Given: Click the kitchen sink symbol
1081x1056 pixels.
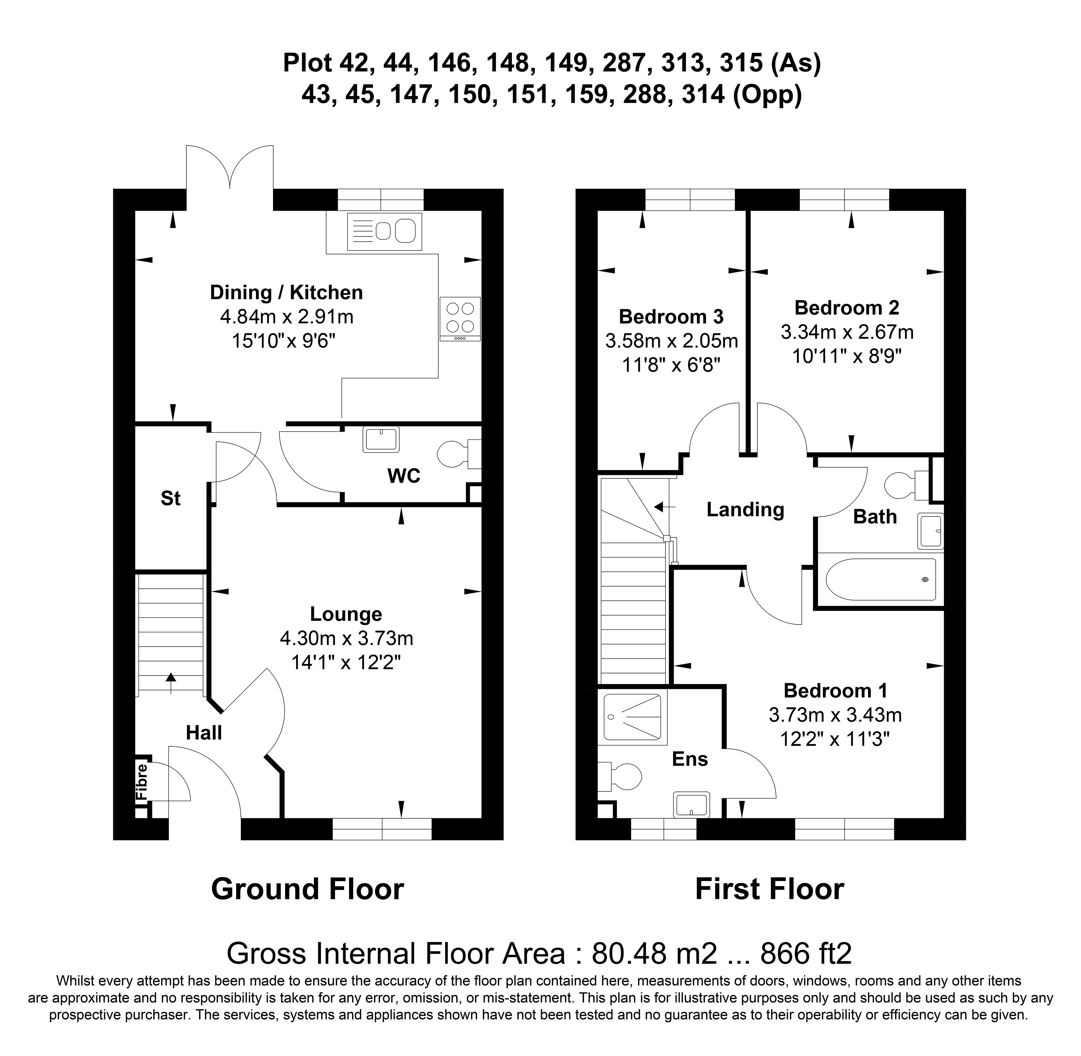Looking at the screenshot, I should point(384,231).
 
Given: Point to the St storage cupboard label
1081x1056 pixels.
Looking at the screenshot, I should point(170,498).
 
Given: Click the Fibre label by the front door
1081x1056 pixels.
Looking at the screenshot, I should point(142,782).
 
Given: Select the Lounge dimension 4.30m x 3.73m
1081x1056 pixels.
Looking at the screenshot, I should point(346,638).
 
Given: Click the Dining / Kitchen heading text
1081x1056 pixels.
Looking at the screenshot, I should point(286,292).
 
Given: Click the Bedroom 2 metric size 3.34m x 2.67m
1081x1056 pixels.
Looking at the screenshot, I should point(847,332).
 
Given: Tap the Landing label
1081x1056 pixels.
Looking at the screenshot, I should point(745,509).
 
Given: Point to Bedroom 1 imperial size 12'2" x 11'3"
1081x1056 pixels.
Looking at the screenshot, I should point(835,739).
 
